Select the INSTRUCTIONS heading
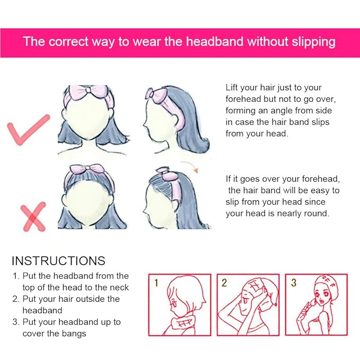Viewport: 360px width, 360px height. point(58,261)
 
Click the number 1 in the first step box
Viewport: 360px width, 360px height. point(156,283)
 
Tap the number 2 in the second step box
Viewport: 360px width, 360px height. point(224,283)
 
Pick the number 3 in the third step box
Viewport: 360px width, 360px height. point(293,283)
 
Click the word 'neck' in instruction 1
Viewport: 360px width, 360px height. point(118,287)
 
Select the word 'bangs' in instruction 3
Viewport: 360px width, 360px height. point(74,333)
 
